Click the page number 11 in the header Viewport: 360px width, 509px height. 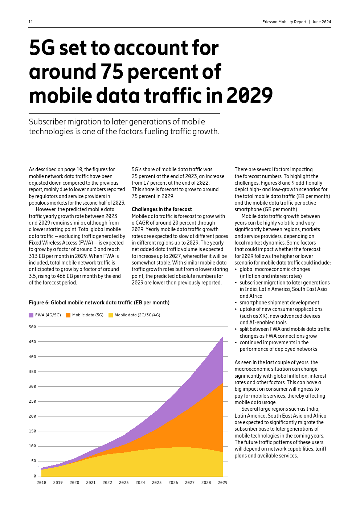(31, 22)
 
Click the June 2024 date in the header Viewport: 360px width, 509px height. (322, 22)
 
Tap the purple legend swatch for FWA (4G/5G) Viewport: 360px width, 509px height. (31, 315)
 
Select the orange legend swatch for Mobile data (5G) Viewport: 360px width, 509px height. (68, 315)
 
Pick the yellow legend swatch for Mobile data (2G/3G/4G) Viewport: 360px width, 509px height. (111, 315)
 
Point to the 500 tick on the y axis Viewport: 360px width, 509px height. (33, 327)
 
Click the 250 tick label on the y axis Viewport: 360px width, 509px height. (33, 401)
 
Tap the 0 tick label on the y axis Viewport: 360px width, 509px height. (35, 476)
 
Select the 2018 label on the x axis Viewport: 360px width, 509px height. (41, 483)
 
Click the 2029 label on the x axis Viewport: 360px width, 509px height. (222, 483)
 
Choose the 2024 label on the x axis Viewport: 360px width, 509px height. (140, 483)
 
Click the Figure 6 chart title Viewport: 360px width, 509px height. (99, 303)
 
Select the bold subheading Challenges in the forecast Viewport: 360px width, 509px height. (161, 209)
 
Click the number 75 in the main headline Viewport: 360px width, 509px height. (112, 72)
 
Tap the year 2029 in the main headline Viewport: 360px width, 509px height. (249, 96)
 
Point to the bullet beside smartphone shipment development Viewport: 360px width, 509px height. (236, 303)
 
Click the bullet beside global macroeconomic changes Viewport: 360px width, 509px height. (236, 270)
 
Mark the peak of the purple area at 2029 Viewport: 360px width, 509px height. (222, 337)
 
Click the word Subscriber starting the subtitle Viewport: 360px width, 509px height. (47, 122)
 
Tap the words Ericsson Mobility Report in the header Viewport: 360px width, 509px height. (284, 22)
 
